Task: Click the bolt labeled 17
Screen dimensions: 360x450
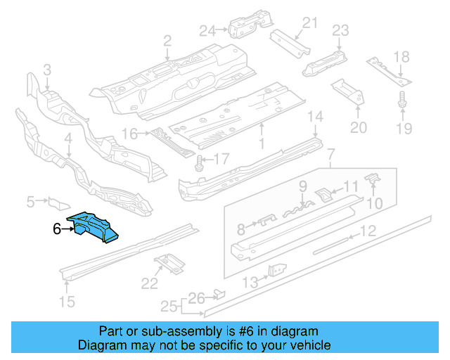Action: [199, 163]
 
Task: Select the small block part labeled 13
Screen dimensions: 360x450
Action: [276, 271]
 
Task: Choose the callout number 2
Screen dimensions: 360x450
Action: [167, 40]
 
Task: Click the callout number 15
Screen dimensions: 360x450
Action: [66, 303]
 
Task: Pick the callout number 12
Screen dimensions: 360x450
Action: [368, 230]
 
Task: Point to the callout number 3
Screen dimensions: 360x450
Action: [47, 69]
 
